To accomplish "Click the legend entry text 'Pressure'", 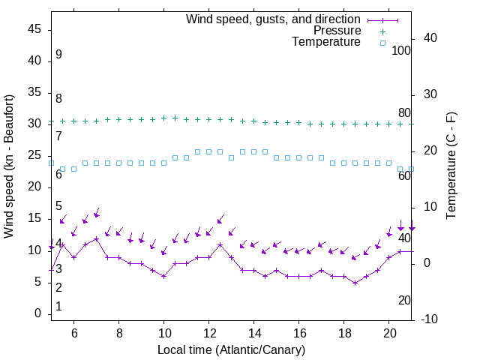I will (x=337, y=31).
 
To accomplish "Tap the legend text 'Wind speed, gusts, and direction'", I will (x=274, y=19).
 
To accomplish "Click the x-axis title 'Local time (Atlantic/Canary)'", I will (x=232, y=350).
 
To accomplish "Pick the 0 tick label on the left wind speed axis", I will (x=39, y=314).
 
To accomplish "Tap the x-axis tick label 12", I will (x=209, y=331).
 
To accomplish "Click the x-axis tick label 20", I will (x=389, y=331).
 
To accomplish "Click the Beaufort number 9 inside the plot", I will (x=58, y=55).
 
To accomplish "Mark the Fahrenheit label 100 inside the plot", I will (x=401, y=51).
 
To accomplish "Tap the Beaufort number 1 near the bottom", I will (x=58, y=307).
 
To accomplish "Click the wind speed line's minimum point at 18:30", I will (x=355, y=283).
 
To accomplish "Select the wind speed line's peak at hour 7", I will (x=96, y=238).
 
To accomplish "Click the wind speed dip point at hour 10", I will (x=163, y=276).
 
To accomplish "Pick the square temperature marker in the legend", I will (x=382, y=43).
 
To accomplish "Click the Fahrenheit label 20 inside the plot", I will (x=404, y=300).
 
